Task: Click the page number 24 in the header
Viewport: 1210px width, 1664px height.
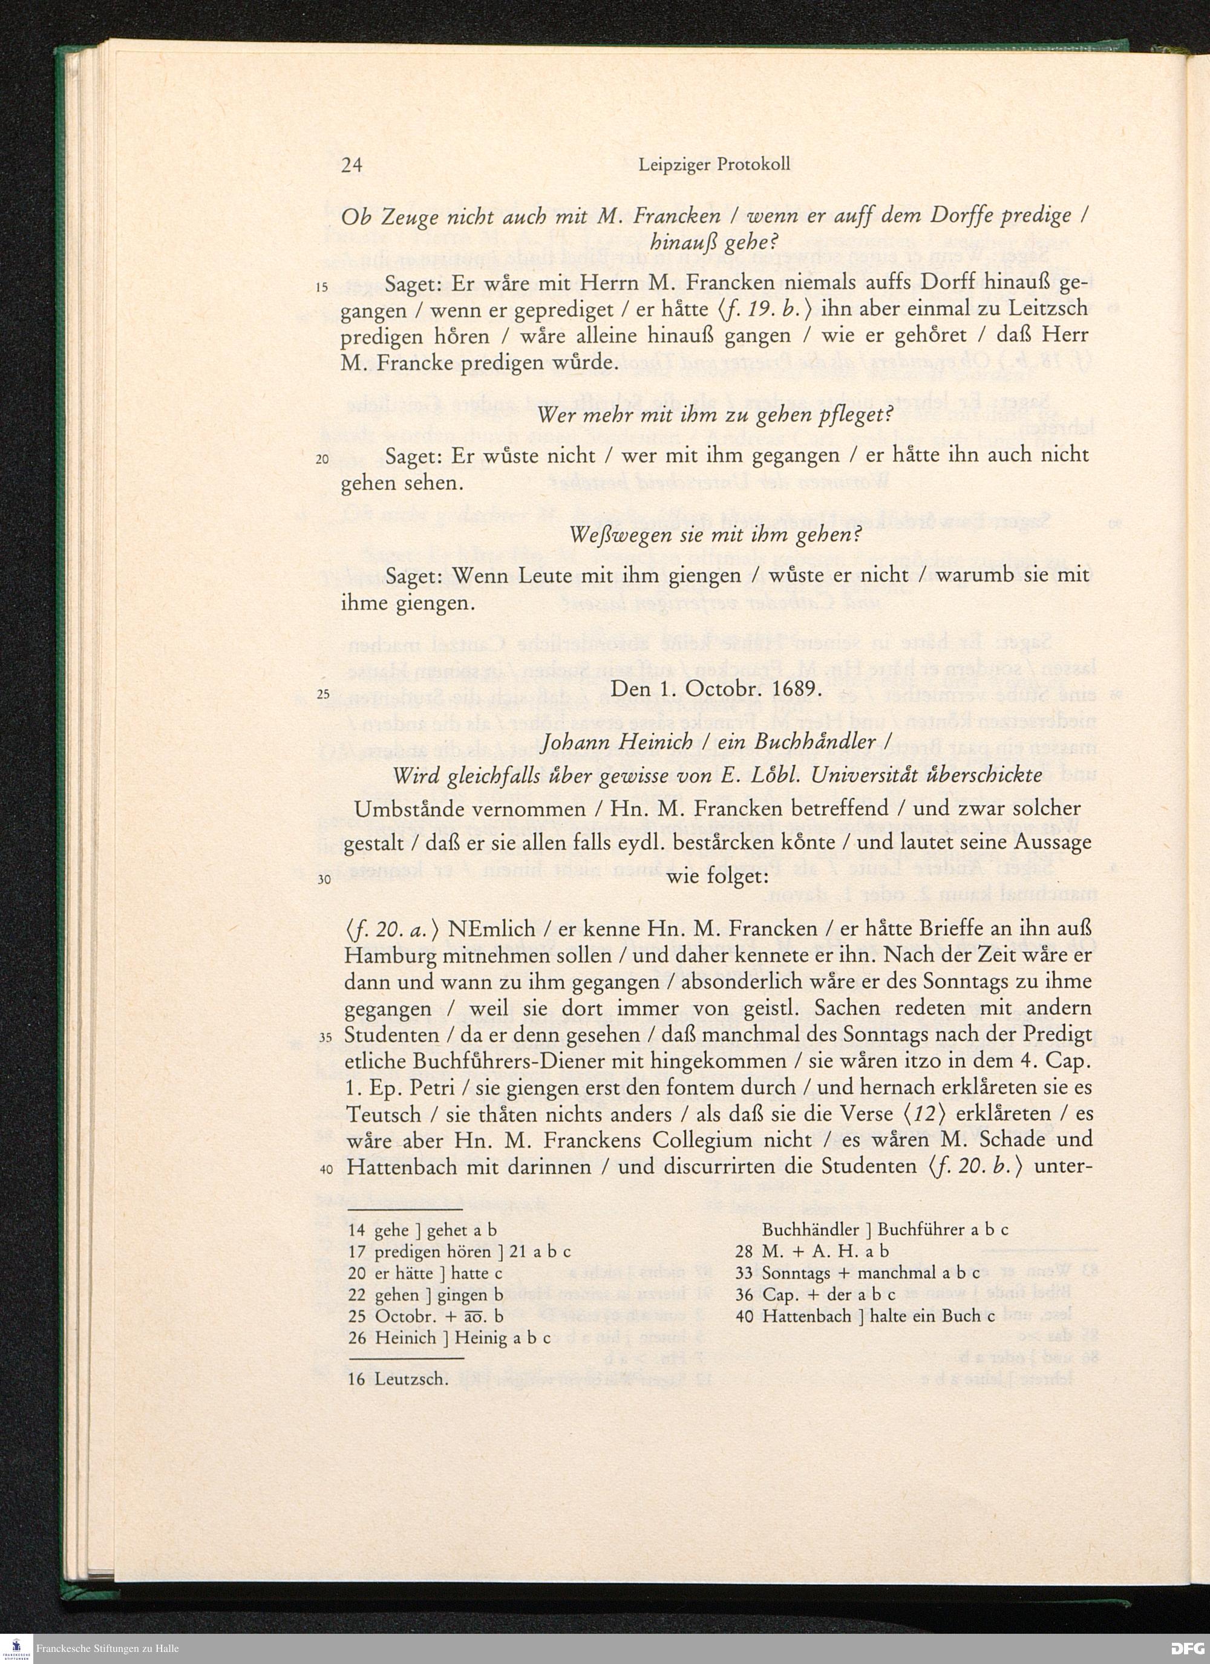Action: [352, 165]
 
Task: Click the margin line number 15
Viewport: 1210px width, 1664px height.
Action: [322, 286]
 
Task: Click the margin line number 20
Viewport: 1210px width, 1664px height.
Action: [322, 460]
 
